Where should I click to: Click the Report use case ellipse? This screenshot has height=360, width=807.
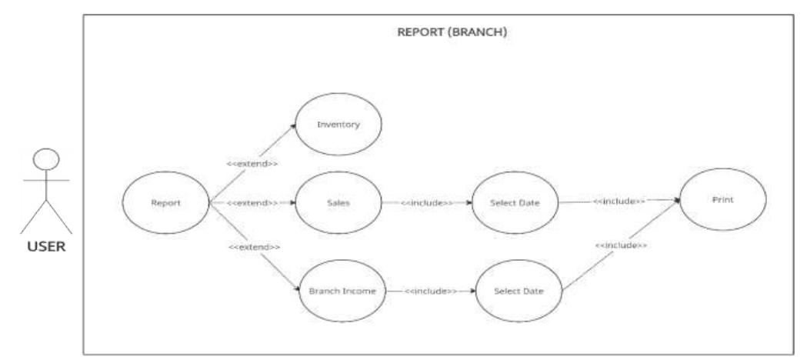pos(166,204)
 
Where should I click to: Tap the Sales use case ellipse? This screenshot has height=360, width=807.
pos(339,203)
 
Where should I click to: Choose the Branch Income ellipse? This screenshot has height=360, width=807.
pos(342,291)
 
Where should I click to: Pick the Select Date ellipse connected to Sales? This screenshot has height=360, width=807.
pos(515,203)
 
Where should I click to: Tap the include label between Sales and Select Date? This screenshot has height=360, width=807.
pos(426,203)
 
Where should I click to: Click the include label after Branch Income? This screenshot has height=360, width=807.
pos(430,291)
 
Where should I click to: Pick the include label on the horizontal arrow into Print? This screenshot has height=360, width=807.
pos(619,201)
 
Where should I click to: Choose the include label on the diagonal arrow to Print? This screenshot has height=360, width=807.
pos(619,245)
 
